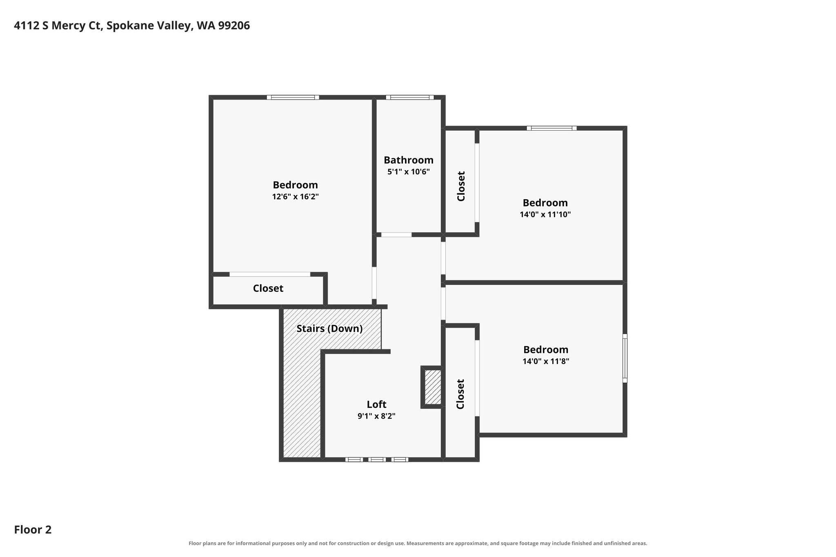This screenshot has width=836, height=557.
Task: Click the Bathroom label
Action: [x=408, y=160]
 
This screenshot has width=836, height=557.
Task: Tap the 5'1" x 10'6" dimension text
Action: [x=408, y=172]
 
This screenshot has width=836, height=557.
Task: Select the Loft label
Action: [x=376, y=404]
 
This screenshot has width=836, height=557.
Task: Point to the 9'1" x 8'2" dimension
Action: [x=376, y=416]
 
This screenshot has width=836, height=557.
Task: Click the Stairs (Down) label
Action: [x=329, y=328]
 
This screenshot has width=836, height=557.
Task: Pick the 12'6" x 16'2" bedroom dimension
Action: [x=295, y=197]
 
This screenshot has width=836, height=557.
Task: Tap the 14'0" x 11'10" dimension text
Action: [x=545, y=214]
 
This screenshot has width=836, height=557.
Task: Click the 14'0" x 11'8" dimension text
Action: [x=546, y=361]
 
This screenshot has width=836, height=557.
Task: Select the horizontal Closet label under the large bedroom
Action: [x=268, y=288]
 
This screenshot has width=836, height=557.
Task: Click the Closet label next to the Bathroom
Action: [x=461, y=186]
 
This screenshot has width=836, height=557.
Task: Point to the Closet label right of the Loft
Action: [x=460, y=394]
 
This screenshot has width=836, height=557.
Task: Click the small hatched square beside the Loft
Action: [x=432, y=387]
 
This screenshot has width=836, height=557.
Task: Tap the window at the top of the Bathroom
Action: [x=409, y=98]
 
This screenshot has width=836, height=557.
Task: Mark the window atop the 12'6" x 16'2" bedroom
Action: [x=293, y=98]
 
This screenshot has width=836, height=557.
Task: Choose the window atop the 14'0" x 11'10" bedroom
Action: [x=551, y=128]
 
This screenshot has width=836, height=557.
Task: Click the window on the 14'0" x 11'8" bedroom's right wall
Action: [x=625, y=358]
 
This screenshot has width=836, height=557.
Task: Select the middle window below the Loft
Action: [x=376, y=459]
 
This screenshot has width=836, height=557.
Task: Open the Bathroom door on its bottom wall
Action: [x=396, y=235]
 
